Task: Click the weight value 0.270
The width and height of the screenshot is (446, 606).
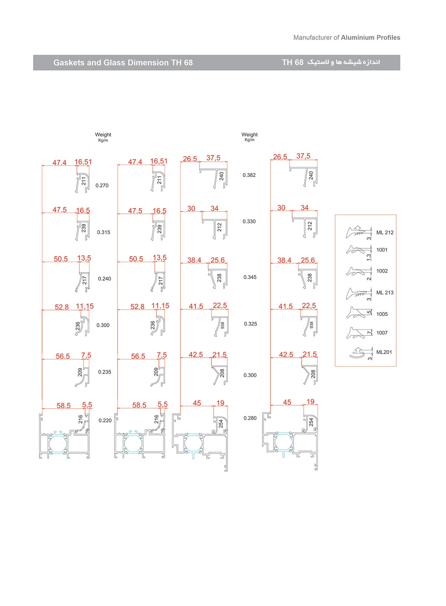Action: pos(102,186)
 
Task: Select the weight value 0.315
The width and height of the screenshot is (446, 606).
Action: pos(104,232)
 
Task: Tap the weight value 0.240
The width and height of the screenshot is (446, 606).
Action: pos(104,279)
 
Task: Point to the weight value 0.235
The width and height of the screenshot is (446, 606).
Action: pos(104,372)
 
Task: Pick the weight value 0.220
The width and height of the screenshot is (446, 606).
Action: pos(105,420)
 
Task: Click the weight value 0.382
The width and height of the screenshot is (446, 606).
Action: pos(249,175)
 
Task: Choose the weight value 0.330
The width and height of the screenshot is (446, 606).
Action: pos(249,222)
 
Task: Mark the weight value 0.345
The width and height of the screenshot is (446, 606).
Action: pos(250,277)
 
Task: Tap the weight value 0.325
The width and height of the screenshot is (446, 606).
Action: pos(251,324)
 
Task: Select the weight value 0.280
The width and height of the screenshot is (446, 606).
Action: pos(250,418)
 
